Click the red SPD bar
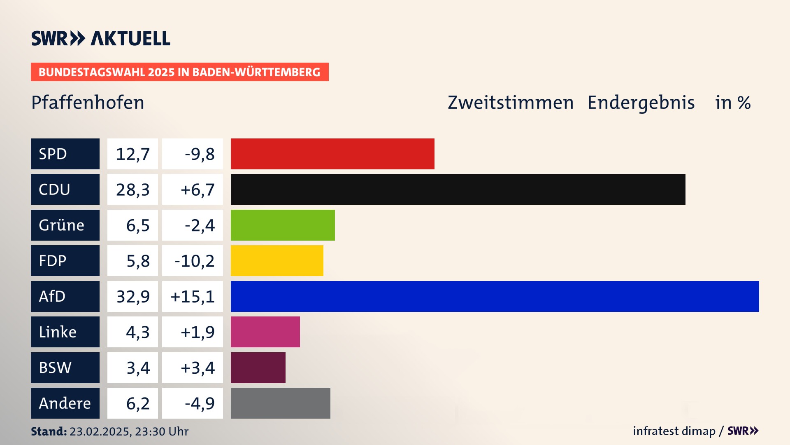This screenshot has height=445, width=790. (332, 154)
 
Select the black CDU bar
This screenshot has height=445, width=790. (458, 189)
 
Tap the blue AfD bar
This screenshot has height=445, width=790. (495, 296)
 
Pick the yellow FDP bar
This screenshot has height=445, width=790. (277, 260)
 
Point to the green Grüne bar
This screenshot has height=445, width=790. (283, 225)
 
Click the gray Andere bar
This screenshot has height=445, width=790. (280, 403)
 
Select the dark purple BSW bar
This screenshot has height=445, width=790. (258, 368)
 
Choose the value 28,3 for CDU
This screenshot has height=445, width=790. (132, 190)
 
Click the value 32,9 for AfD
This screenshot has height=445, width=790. (132, 296)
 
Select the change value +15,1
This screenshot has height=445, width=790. (193, 296)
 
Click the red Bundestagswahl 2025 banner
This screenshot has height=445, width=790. (179, 72)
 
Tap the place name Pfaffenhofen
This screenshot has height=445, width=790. (88, 103)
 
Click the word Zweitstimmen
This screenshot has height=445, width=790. (510, 103)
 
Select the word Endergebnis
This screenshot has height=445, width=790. (641, 103)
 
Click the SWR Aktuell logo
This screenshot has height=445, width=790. (101, 38)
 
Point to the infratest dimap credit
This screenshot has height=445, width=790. (674, 431)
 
